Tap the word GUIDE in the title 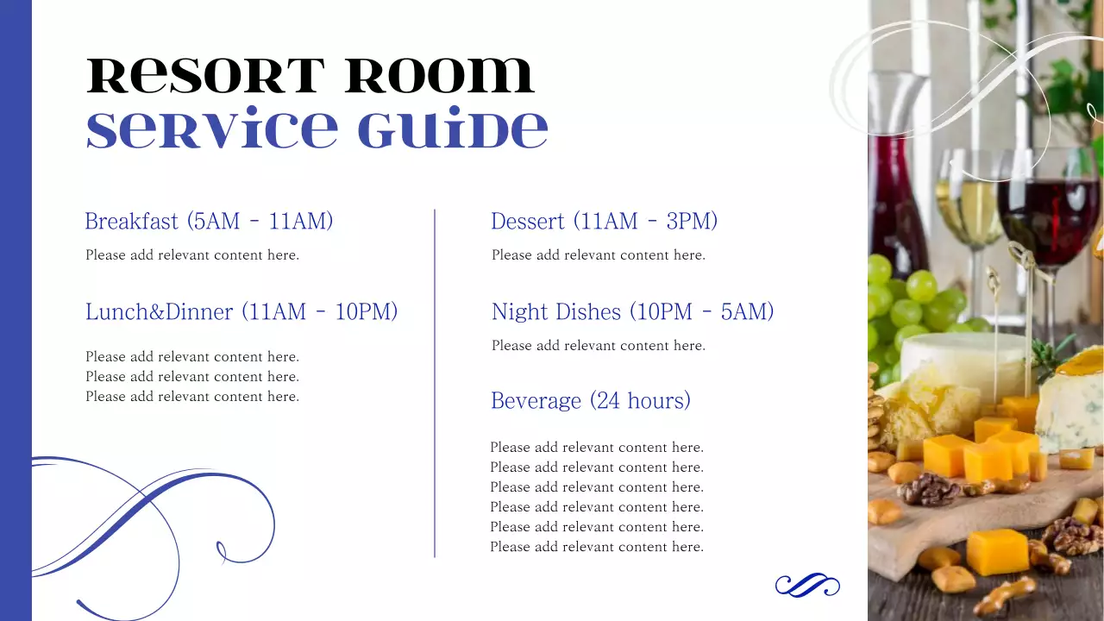click(452, 130)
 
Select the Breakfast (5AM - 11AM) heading click(209, 222)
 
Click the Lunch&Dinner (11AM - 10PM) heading click(241, 311)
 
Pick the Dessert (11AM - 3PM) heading click(604, 222)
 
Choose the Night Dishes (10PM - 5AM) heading click(632, 311)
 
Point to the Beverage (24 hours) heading click(591, 401)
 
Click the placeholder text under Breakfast click(192, 255)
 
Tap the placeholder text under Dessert click(599, 255)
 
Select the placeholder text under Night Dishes click(599, 346)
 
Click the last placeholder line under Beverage click(597, 547)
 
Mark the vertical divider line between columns click(435, 383)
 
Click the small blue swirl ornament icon click(807, 586)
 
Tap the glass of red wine click(1047, 216)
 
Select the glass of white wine click(969, 207)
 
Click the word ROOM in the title click(440, 77)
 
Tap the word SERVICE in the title click(212, 130)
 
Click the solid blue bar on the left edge click(16, 310)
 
